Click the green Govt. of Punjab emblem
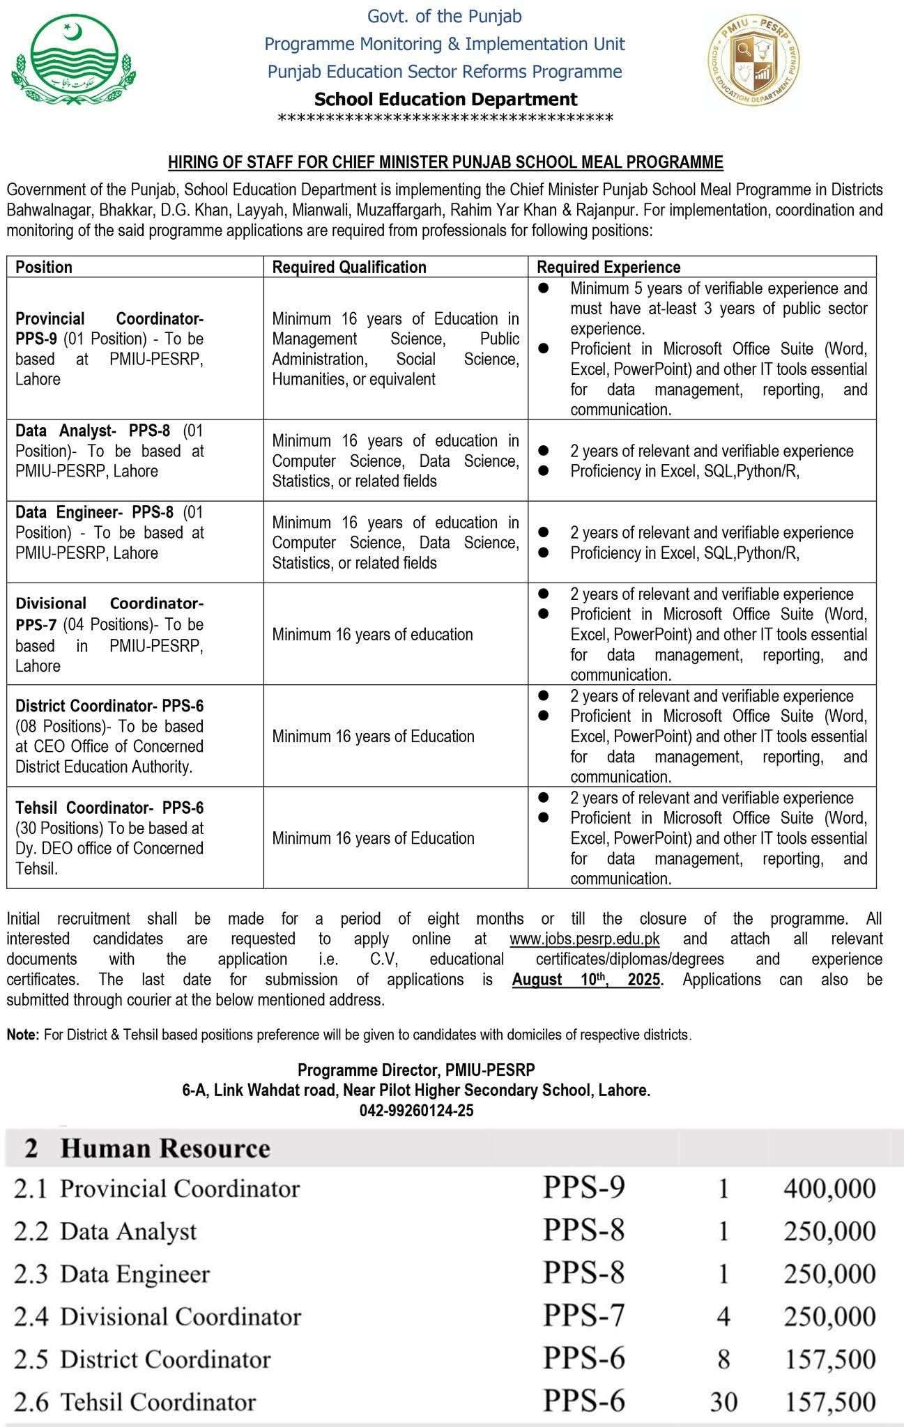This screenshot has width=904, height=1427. pyautogui.click(x=75, y=63)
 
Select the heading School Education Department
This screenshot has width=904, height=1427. pyautogui.click(x=445, y=100)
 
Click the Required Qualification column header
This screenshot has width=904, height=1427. pyautogui.click(x=348, y=267)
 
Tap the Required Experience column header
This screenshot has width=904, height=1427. pyautogui.click(x=608, y=267)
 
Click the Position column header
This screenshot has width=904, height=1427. pyautogui.click(x=44, y=267)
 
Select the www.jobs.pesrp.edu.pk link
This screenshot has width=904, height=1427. pyautogui.click(x=584, y=939)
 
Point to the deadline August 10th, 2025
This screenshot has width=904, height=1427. pyautogui.click(x=585, y=979)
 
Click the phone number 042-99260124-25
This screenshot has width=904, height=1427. pyautogui.click(x=416, y=1111)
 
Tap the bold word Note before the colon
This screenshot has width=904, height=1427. pyautogui.click(x=22, y=1035)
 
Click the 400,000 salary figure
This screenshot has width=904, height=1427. pyautogui.click(x=829, y=1189)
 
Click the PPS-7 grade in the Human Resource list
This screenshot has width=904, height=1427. pyautogui.click(x=583, y=1316)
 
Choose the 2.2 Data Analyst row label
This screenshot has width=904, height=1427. pyautogui.click(x=105, y=1231)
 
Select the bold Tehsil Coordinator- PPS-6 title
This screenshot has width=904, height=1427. pyautogui.click(x=109, y=808)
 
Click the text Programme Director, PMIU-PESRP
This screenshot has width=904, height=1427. pyautogui.click(x=416, y=1070)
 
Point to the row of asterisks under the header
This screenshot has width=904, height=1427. pyautogui.click(x=445, y=119)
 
